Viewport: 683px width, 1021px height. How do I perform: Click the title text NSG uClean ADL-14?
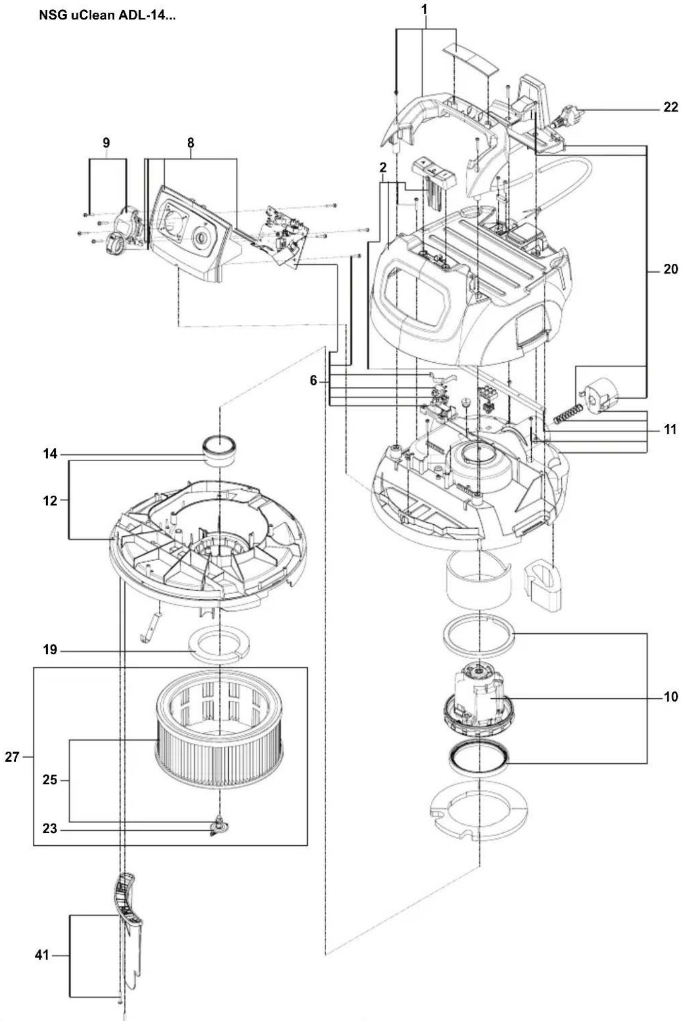point(107,15)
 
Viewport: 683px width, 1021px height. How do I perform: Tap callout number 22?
point(670,107)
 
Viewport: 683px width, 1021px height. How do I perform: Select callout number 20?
point(670,269)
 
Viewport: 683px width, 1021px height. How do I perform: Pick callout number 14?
point(50,454)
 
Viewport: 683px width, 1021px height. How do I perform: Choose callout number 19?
point(50,650)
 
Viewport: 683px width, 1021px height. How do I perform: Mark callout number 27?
point(12,757)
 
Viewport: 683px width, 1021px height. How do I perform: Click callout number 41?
point(42,955)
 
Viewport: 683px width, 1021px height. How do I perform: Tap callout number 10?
point(670,697)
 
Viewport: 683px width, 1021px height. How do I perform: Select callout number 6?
point(313,380)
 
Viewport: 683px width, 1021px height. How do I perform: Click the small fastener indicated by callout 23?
point(219,828)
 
